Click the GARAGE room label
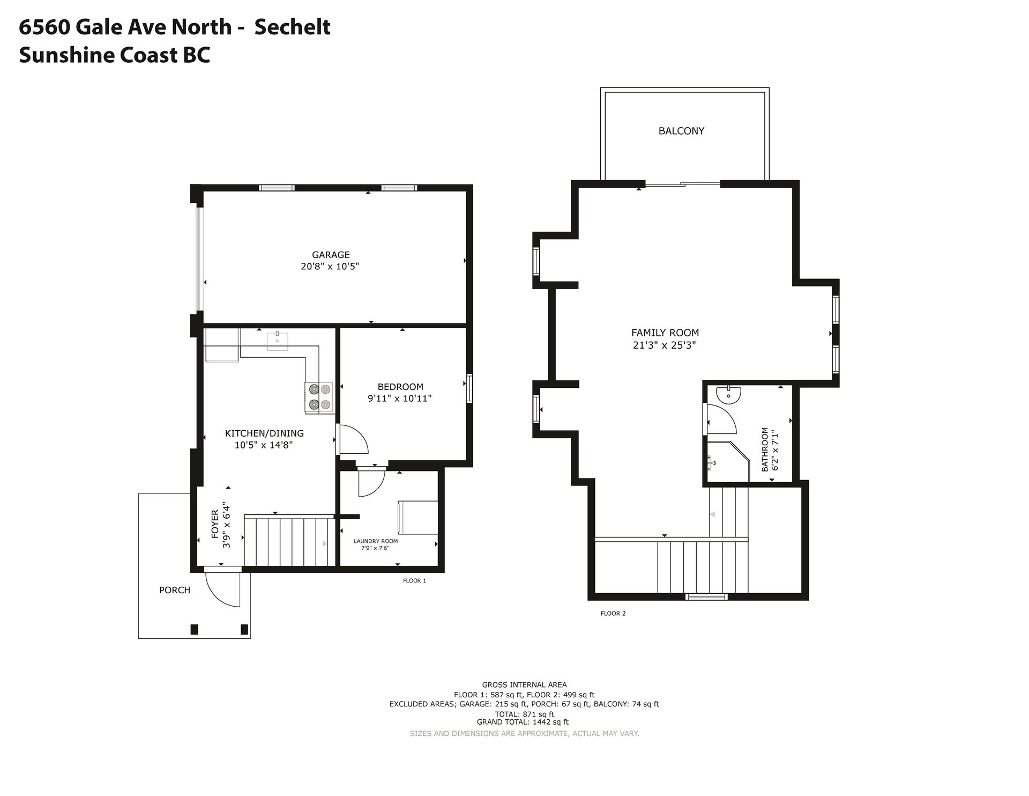click(x=331, y=255)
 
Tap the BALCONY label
click(x=681, y=131)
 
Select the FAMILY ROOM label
click(x=665, y=333)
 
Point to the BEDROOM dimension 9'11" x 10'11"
click(x=399, y=399)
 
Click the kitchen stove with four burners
click(x=319, y=397)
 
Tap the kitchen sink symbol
click(x=277, y=341)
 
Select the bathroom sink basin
click(x=728, y=394)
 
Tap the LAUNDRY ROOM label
click(x=376, y=541)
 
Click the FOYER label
click(x=215, y=524)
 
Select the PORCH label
click(x=175, y=590)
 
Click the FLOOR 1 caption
click(x=414, y=580)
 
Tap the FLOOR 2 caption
click(x=613, y=613)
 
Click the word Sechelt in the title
click(x=292, y=27)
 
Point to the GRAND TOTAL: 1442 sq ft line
click(x=523, y=722)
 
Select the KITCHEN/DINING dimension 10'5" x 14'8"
click(x=264, y=445)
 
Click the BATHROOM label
click(x=765, y=449)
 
